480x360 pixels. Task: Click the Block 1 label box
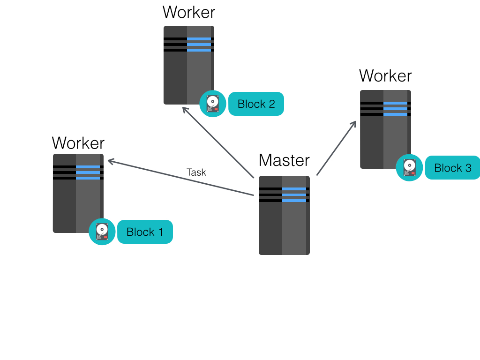click(145, 232)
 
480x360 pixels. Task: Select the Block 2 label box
click(256, 104)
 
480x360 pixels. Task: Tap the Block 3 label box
click(452, 168)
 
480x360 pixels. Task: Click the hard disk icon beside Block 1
click(102, 232)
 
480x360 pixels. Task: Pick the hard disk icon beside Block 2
click(213, 104)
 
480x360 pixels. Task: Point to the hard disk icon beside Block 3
click(409, 167)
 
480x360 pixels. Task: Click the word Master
click(284, 160)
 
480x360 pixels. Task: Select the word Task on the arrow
click(196, 172)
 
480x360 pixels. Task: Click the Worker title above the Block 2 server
click(189, 12)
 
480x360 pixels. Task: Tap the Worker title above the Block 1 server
click(78, 142)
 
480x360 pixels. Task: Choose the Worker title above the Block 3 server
click(385, 75)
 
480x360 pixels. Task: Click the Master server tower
click(284, 220)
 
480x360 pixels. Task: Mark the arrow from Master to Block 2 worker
click(218, 142)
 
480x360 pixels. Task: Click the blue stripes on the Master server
click(294, 195)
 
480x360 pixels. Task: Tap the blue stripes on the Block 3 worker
click(395, 109)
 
